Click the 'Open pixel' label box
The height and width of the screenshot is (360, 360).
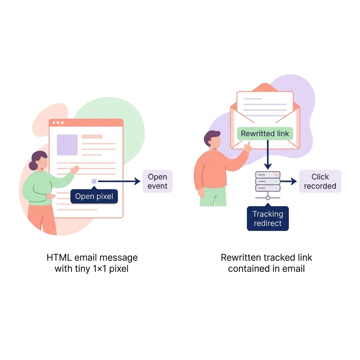pos(94,197)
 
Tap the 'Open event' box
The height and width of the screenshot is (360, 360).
pos(157,181)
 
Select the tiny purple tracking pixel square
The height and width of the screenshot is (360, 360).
pos(94,181)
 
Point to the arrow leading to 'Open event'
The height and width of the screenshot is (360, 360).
pos(120,181)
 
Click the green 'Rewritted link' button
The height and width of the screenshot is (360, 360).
pos(265,134)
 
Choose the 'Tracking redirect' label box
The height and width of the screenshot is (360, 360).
pos(268,218)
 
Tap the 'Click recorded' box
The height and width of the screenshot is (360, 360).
pos(320,181)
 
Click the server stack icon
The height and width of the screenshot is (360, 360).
pos(268,181)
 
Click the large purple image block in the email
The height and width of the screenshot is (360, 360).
pos(67,145)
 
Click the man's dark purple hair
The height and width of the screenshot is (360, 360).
pos(212,136)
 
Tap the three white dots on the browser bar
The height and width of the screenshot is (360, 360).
pos(58,123)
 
